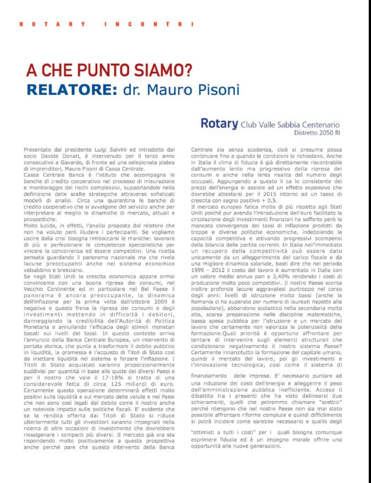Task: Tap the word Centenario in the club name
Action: click(x=318, y=123)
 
